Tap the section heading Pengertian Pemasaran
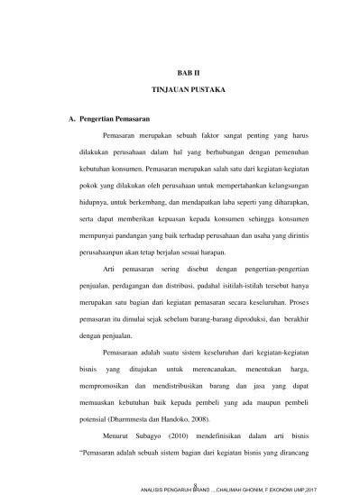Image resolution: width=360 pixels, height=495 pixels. (115, 118)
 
